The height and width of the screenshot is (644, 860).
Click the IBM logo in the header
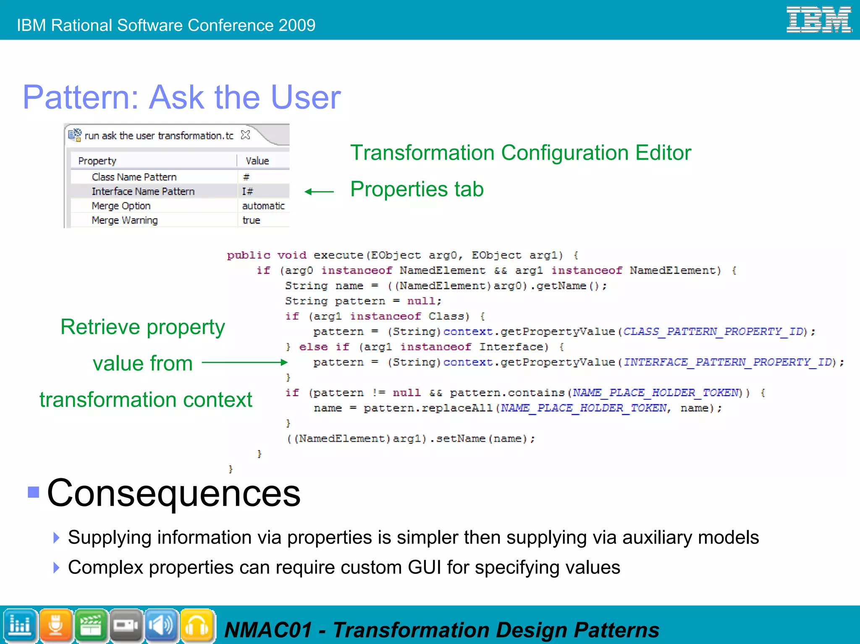click(818, 20)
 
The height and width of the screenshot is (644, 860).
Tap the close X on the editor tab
click(246, 135)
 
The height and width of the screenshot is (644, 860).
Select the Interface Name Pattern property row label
click(143, 191)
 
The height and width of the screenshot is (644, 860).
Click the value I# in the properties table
click(247, 191)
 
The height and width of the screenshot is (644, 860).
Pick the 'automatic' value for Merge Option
click(263, 206)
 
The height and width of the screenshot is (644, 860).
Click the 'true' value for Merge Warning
click(251, 220)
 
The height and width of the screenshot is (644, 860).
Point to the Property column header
click(97, 161)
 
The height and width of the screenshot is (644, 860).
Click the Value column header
click(257, 161)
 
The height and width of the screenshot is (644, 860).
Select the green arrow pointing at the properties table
click(319, 192)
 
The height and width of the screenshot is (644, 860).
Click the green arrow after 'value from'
click(244, 362)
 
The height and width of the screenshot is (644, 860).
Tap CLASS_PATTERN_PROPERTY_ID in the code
click(713, 332)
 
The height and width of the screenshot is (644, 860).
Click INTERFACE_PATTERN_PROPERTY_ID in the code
click(727, 362)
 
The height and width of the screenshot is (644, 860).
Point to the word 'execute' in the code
click(338, 255)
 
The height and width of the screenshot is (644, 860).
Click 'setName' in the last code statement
click(460, 439)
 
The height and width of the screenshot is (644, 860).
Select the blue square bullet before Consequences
click(34, 492)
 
